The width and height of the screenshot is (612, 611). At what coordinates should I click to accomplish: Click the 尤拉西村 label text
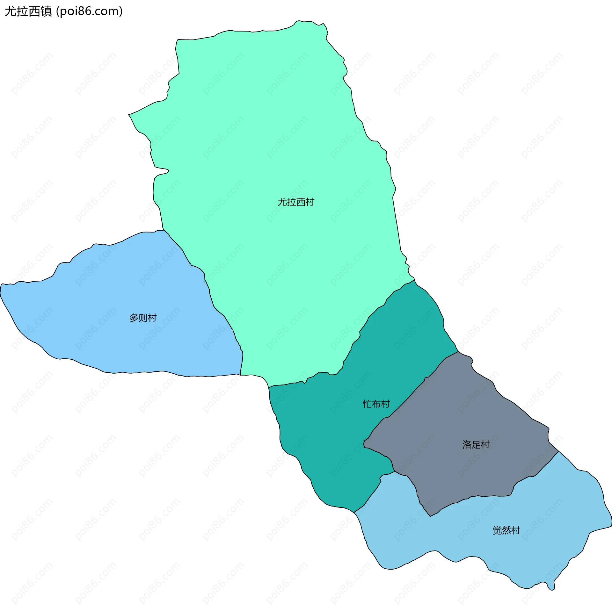[296, 202]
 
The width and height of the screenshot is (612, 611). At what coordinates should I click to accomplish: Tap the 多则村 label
[143, 318]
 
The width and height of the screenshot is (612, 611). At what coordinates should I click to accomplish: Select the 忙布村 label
[376, 404]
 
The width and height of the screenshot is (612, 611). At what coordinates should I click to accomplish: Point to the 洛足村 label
[476, 444]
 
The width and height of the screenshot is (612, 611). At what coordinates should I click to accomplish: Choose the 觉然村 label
[506, 530]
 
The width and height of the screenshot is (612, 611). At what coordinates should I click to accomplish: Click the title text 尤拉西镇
[28, 11]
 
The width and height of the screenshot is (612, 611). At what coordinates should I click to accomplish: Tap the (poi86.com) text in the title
[89, 11]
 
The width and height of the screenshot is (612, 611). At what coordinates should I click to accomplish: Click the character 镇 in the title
[46, 11]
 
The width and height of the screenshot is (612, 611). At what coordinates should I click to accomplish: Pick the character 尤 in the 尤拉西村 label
[282, 202]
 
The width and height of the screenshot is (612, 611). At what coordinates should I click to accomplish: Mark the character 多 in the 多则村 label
[134, 318]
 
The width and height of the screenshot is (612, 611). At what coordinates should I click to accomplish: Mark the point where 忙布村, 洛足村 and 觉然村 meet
[395, 471]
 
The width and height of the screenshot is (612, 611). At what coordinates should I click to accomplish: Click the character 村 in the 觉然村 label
[515, 530]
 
